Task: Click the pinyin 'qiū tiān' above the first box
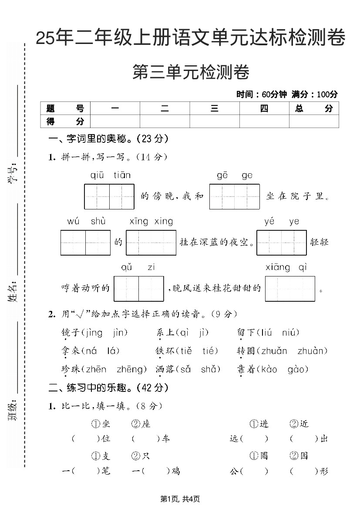tap(110, 175)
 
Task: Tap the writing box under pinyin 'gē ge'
tap(234, 196)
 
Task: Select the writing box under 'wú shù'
tap(85, 243)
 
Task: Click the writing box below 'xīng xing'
tap(151, 243)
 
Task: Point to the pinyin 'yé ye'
tap(282, 222)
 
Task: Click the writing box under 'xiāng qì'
tap(289, 289)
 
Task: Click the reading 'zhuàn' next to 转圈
tap(312, 351)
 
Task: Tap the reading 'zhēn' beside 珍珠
tap(96, 370)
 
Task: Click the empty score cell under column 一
tap(114, 121)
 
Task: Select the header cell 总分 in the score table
tap(313, 108)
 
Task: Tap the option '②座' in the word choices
tap(141, 424)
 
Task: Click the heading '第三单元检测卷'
tap(191, 72)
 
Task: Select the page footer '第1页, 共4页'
tap(180, 499)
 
